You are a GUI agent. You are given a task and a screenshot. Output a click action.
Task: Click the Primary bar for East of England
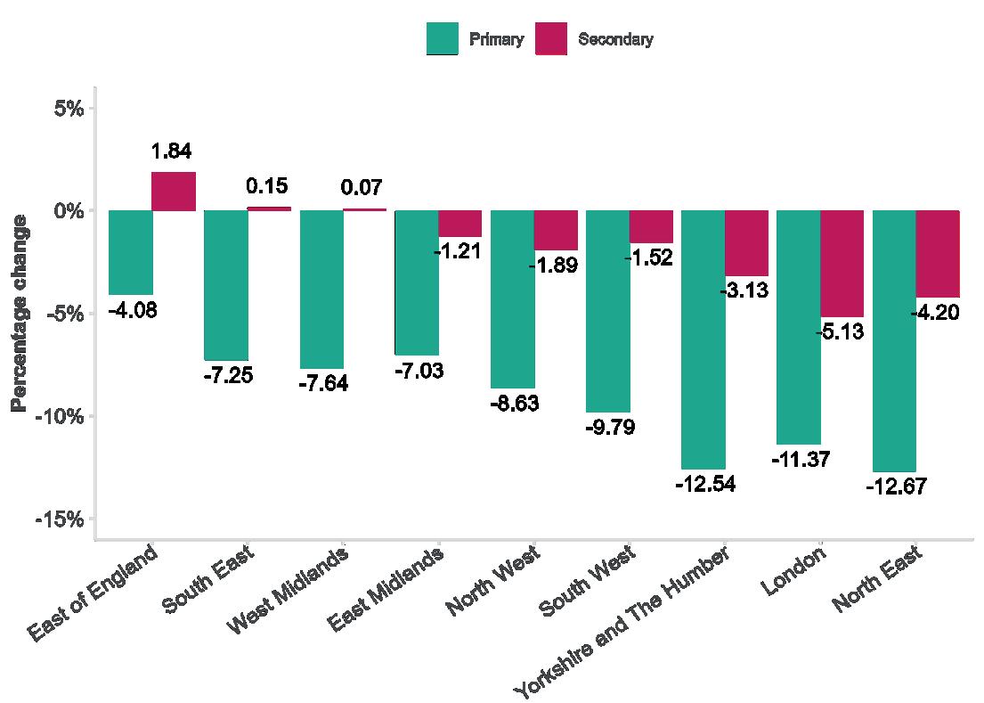130,252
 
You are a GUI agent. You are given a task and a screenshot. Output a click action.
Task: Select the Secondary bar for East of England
174,192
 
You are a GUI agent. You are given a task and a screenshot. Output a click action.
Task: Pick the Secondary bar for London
842,264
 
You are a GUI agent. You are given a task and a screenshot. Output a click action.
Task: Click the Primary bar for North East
894,340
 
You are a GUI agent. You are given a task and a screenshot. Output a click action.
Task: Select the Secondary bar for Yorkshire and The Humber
746,243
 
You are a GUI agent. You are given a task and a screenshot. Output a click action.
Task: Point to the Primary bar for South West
607,311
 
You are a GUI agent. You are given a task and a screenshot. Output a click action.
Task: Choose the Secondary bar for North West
556,230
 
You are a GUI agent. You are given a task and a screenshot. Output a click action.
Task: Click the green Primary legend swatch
443,39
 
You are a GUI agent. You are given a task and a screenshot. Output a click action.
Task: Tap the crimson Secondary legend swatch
550,39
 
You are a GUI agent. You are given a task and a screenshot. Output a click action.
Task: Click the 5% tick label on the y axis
68,109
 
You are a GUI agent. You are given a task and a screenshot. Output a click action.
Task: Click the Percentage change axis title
19,313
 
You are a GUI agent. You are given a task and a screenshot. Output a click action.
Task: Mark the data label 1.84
172,151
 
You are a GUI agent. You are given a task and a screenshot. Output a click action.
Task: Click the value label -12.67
895,487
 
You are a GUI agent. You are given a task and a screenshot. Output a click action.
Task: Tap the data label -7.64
321,384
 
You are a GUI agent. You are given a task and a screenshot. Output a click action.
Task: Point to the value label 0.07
362,188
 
